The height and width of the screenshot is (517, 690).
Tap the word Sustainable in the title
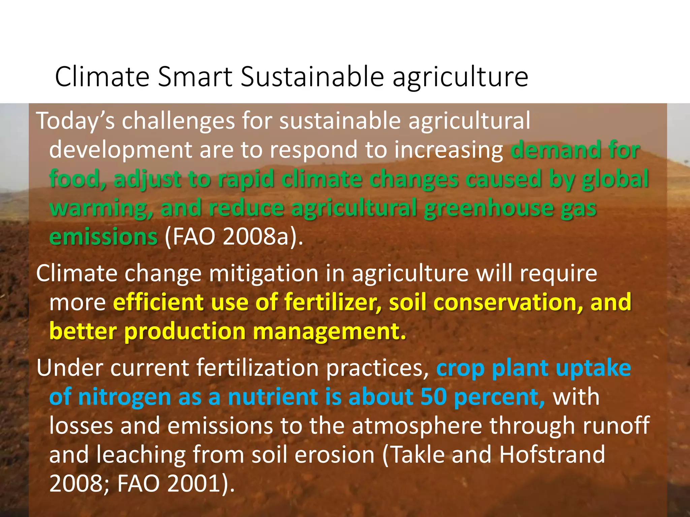tap(312, 77)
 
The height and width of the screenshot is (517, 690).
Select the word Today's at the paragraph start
tap(75, 120)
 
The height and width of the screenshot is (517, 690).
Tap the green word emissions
tap(103, 237)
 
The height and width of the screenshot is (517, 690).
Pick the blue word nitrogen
tap(124, 398)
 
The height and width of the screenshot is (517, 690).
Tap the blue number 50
tap(433, 397)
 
